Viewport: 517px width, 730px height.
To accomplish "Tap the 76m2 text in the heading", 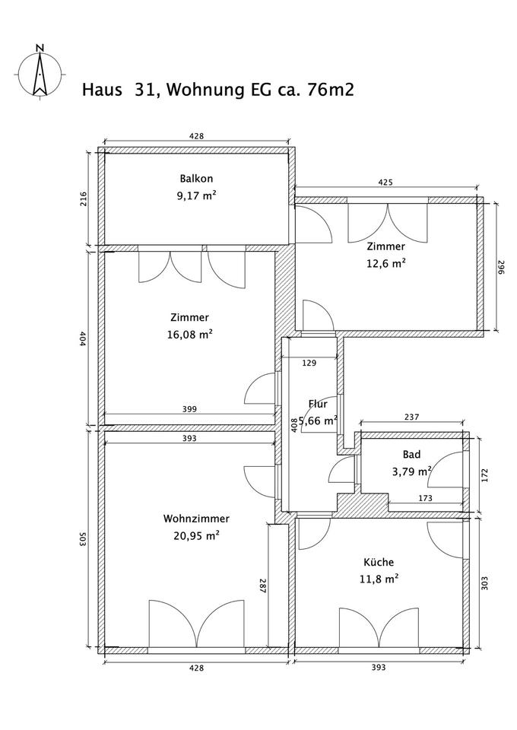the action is pos(331,90).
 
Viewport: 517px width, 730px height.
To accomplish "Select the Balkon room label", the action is pos(196,179).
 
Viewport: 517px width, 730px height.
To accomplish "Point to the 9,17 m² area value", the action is pos(196,195).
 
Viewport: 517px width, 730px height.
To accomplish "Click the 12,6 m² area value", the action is pos(386,263).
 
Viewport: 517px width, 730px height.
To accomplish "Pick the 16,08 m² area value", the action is pos(190,334).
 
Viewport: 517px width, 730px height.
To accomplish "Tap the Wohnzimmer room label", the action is pos(196,519).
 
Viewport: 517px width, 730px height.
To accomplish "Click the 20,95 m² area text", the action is pos(196,535).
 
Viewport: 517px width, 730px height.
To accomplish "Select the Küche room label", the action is pos(378,563).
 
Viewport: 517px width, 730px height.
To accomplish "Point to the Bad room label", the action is pos(411,454).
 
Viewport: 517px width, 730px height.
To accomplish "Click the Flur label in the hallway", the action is pos(318,404).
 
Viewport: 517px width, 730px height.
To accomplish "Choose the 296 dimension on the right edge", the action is pos(501,268).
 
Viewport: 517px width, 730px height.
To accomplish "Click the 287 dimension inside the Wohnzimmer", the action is pos(262,587).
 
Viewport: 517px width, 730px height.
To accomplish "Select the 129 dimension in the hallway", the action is pos(309,363).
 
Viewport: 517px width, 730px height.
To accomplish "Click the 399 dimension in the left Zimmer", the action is pos(189,409).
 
